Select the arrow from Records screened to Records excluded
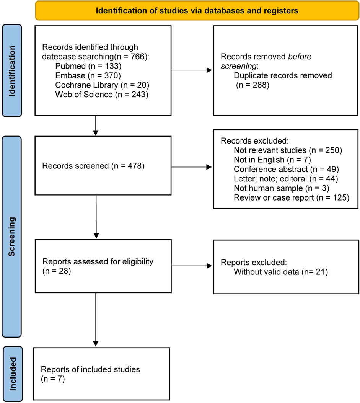click(x=192, y=167)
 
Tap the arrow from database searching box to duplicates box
click(x=192, y=70)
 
